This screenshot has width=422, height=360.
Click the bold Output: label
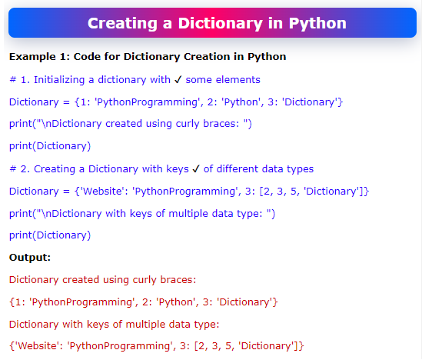30,258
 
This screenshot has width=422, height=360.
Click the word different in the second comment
244,168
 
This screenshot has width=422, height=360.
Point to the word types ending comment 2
301,168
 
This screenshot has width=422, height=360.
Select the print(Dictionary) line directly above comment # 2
50,146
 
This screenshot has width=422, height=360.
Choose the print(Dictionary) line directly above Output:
50,235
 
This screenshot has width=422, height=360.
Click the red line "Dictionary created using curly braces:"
103,280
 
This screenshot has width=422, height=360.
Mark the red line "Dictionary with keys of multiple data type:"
115,325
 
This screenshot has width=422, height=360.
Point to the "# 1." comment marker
17,79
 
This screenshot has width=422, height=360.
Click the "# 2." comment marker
17,168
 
